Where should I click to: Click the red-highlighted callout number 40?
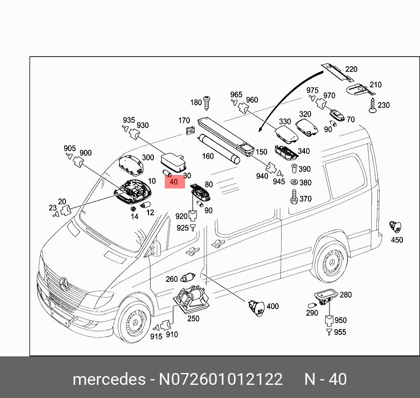pyautogui.click(x=174, y=181)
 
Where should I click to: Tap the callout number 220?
pyautogui.click(x=351, y=69)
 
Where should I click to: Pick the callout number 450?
pyautogui.click(x=397, y=240)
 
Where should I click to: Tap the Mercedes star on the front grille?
pyautogui.click(x=65, y=284)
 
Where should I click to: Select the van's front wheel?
pyautogui.click(x=135, y=323)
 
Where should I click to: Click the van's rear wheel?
pyautogui.click(x=331, y=262)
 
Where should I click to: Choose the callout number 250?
pyautogui.click(x=193, y=319)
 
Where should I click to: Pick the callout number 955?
pyautogui.click(x=340, y=332)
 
